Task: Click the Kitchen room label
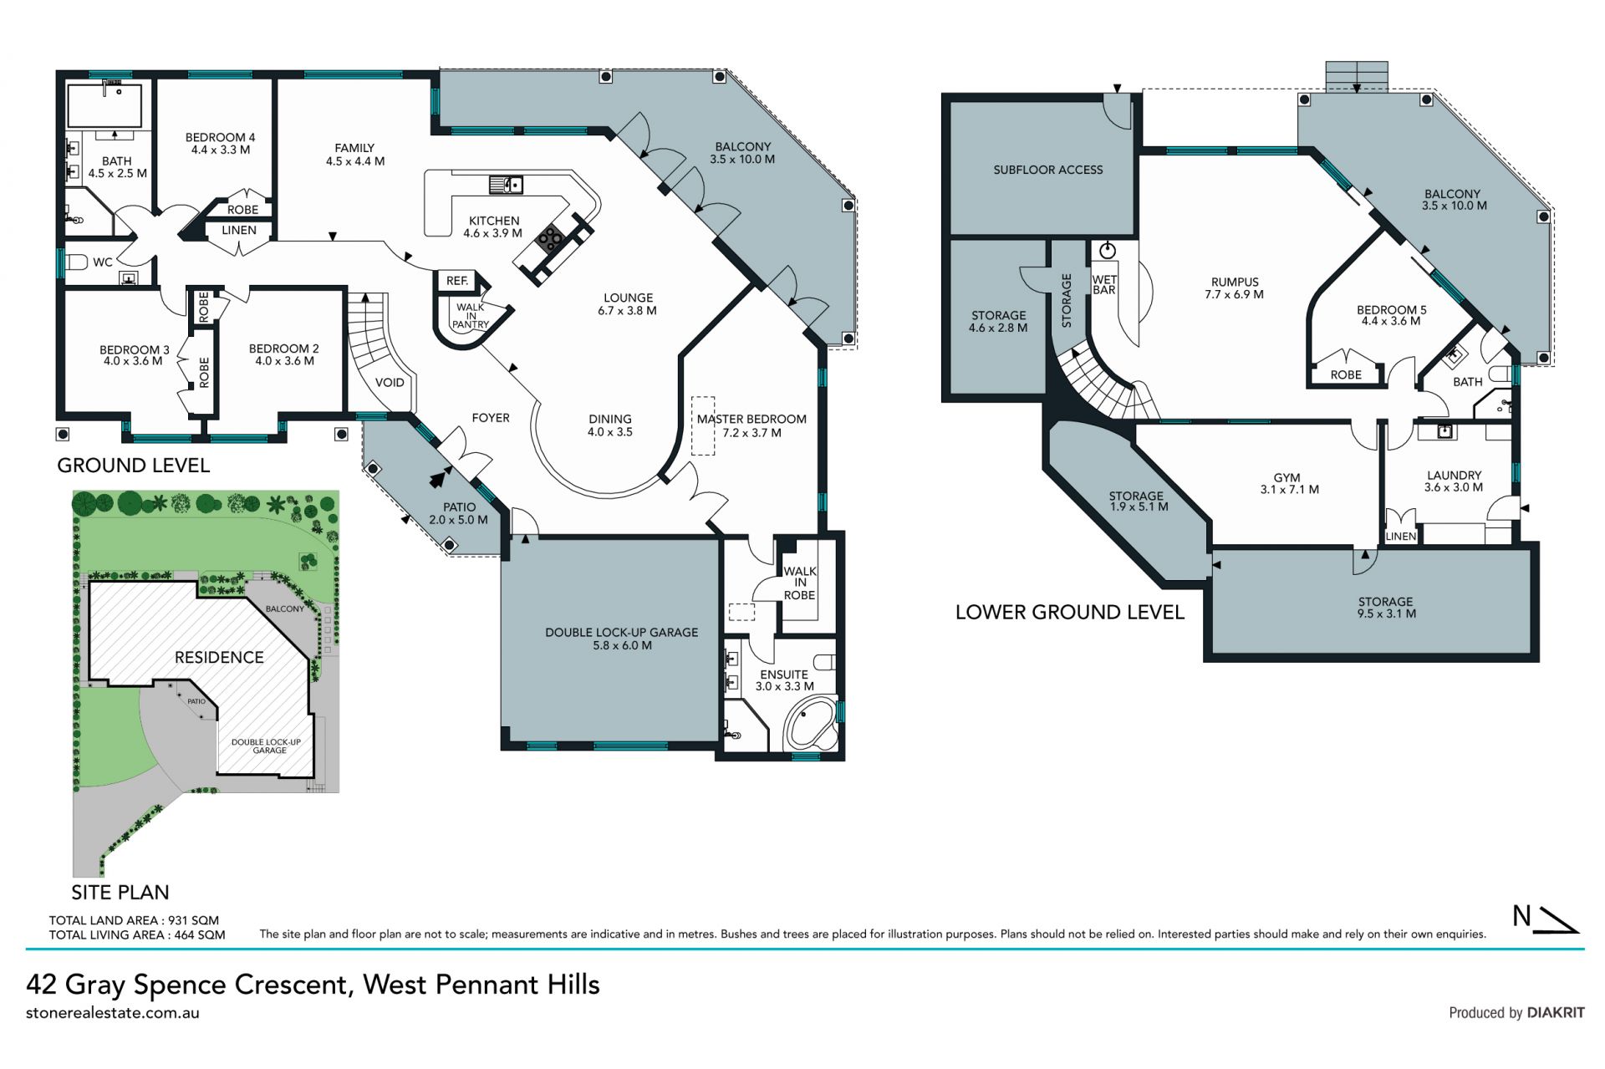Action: click(x=494, y=221)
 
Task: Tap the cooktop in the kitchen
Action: click(x=552, y=239)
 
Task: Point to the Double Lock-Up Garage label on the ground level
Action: click(x=621, y=632)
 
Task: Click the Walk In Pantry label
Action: click(x=471, y=316)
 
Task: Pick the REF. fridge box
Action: click(x=456, y=281)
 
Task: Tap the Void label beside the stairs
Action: click(x=390, y=383)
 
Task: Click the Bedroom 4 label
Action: click(x=220, y=137)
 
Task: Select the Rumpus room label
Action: click(x=1235, y=283)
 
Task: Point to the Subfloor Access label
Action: click(x=1048, y=170)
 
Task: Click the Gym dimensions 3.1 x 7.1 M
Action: click(x=1290, y=490)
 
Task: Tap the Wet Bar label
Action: click(x=1104, y=285)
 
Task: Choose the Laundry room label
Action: click(x=1455, y=475)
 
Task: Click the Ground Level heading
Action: click(x=133, y=466)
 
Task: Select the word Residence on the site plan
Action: click(x=219, y=658)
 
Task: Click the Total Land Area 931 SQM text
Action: click(x=134, y=920)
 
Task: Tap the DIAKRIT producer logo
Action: click(x=1556, y=1012)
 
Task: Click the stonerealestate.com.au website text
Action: click(x=113, y=1013)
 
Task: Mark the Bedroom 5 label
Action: click(x=1392, y=310)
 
